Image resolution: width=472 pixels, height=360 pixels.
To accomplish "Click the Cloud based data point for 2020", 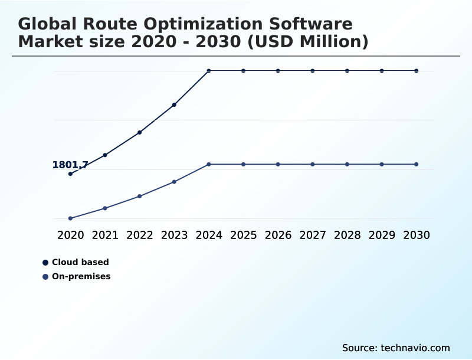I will (70, 174).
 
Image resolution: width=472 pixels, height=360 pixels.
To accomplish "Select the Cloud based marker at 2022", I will (140, 132).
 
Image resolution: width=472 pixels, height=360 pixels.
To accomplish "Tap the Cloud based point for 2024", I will (209, 71).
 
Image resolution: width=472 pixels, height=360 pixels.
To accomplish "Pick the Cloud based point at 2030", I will (417, 71).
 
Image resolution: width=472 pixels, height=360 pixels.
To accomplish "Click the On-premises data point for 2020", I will (70, 218).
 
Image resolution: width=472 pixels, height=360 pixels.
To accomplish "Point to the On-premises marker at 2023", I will (174, 182).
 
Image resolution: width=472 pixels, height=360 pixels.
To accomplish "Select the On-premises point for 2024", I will (209, 164).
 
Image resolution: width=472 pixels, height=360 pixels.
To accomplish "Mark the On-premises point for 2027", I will (313, 164).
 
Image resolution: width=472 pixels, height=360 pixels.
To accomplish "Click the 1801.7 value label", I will (70, 165).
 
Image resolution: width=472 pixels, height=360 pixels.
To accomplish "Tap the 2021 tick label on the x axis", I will (105, 235).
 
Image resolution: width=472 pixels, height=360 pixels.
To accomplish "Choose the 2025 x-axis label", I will (243, 235).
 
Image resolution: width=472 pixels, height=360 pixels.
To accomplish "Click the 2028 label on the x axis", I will (347, 235).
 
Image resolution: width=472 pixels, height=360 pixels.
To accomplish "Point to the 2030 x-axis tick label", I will (417, 235).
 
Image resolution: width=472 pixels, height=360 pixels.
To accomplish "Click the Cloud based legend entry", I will (80, 262).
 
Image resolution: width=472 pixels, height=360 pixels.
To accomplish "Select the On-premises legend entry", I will (81, 276).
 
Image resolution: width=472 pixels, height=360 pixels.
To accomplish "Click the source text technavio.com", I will (415, 348).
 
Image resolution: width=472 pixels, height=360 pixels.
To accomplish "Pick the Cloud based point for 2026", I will (278, 71).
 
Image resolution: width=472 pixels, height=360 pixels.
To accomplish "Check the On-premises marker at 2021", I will (105, 208).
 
